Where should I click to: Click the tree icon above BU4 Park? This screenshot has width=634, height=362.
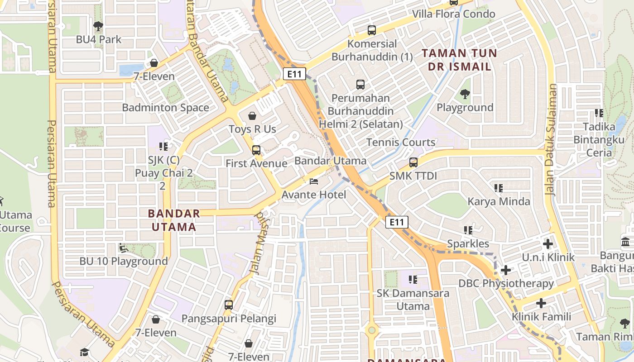point(98,26)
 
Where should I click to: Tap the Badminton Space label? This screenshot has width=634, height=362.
point(165,108)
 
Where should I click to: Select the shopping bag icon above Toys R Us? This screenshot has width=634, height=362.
point(252,116)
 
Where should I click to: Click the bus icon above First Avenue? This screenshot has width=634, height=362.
point(256,150)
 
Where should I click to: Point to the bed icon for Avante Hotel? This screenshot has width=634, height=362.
point(314,181)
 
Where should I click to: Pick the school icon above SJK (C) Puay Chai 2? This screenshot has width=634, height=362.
point(164,146)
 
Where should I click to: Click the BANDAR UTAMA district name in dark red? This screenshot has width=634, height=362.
point(174,220)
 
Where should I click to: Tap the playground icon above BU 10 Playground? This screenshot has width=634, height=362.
point(123,248)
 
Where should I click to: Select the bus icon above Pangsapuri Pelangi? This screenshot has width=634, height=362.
point(229,305)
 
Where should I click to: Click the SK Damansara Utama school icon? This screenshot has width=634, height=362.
point(413,280)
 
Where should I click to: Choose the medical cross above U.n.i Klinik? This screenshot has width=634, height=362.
point(548,244)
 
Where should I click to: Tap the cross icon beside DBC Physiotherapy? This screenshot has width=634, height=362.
point(506,271)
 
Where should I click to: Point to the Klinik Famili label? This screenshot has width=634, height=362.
point(541,316)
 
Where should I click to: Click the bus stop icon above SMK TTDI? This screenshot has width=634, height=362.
point(413,162)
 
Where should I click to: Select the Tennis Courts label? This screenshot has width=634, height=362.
point(401,142)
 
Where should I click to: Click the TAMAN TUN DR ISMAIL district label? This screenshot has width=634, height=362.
point(456,60)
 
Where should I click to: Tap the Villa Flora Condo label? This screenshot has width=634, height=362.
point(453,14)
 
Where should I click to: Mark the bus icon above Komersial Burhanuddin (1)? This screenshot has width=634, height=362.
point(372,30)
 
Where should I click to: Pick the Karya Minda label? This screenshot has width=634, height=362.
point(499,201)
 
